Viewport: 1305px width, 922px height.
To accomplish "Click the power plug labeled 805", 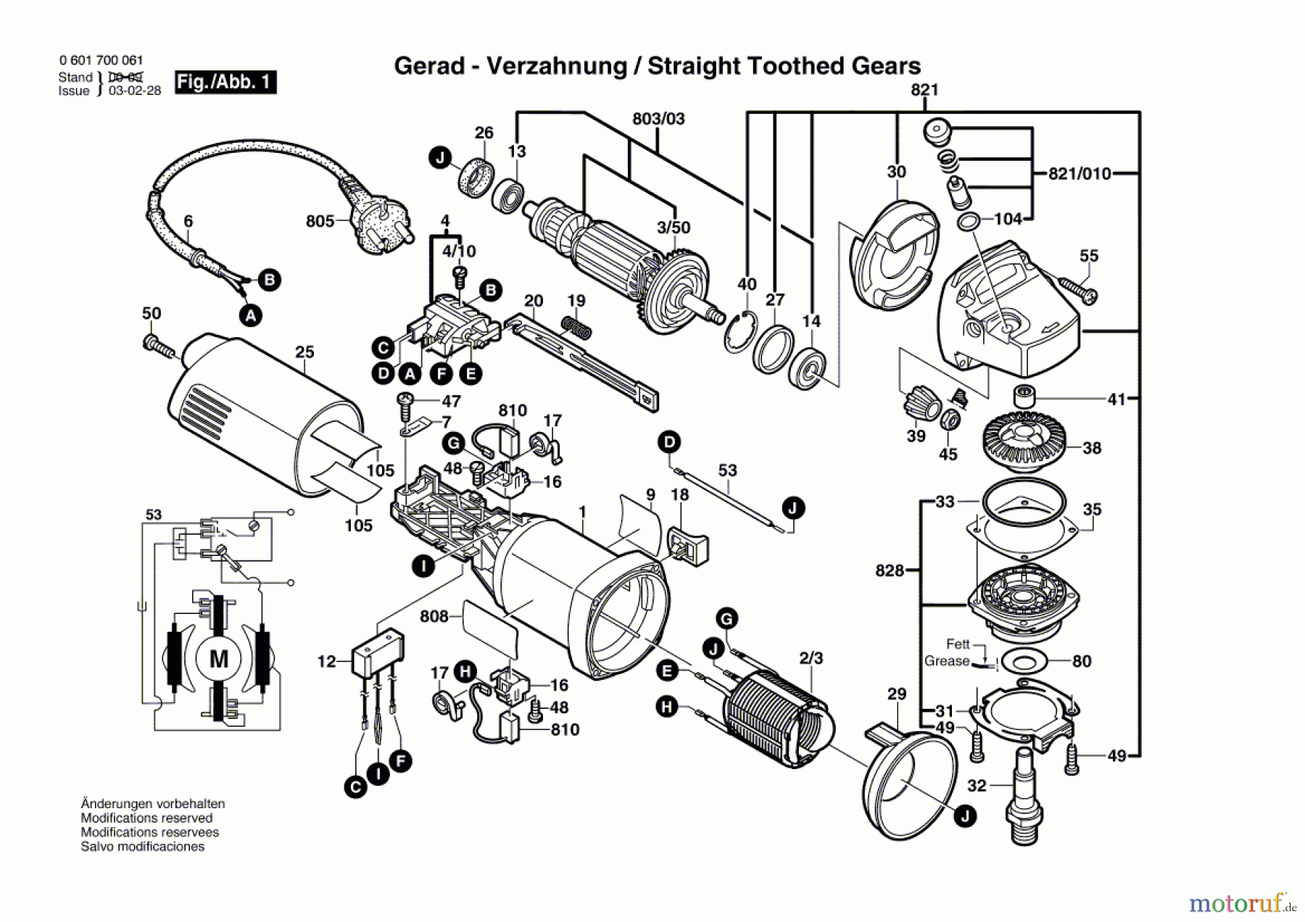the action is pos(378,220).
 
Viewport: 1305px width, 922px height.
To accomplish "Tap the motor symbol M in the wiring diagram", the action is pos(219,659).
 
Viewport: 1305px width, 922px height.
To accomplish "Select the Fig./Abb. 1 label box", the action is pos(225,82).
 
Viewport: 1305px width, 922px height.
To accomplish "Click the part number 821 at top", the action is pos(924,89).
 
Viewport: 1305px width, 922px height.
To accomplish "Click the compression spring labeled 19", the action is pos(577,327).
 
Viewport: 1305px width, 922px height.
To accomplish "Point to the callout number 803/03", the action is pos(658,118).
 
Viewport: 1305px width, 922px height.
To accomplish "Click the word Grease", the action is pos(947,661).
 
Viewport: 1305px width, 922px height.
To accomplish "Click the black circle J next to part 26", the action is pos(439,157).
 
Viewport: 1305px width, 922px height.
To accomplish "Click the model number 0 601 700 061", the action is pos(101,61).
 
